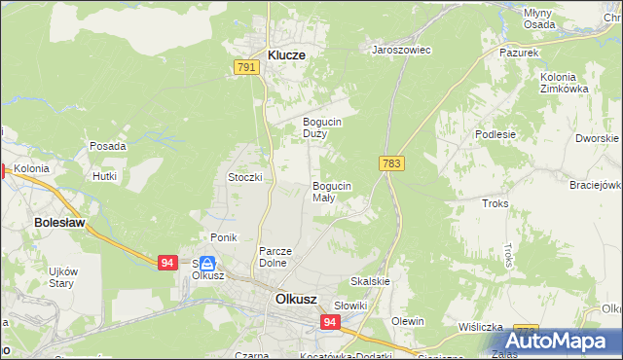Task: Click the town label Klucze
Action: [280, 55]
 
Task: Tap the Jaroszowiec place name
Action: [401, 49]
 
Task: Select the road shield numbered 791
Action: [246, 66]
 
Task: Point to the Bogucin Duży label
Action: [320, 126]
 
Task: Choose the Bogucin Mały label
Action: [331, 191]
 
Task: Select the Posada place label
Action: [107, 146]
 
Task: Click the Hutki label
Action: [104, 176]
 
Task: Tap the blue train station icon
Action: [206, 264]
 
